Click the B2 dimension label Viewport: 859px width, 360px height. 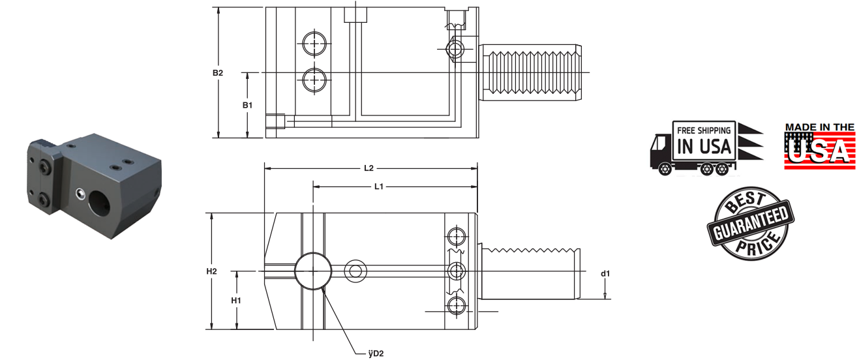click(218, 73)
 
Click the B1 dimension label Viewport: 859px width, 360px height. click(247, 105)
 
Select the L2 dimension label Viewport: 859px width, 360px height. click(368, 168)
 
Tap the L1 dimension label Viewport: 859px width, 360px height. click(378, 187)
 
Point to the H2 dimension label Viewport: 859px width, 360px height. click(211, 271)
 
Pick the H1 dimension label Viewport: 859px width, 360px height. click(236, 300)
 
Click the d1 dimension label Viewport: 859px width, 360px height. click(605, 273)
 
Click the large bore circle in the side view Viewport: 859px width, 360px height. click(312, 271)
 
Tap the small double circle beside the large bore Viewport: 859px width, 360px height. click(355, 269)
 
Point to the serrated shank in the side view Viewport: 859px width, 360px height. click(530, 273)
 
